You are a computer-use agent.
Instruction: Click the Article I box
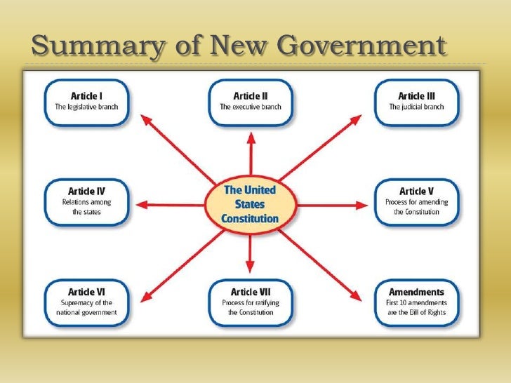point(88,102)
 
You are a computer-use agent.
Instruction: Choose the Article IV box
point(88,203)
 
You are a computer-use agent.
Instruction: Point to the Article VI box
point(88,302)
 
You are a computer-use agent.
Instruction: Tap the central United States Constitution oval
point(250,204)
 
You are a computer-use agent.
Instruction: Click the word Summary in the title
point(91,46)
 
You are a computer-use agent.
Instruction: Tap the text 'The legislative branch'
point(88,108)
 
